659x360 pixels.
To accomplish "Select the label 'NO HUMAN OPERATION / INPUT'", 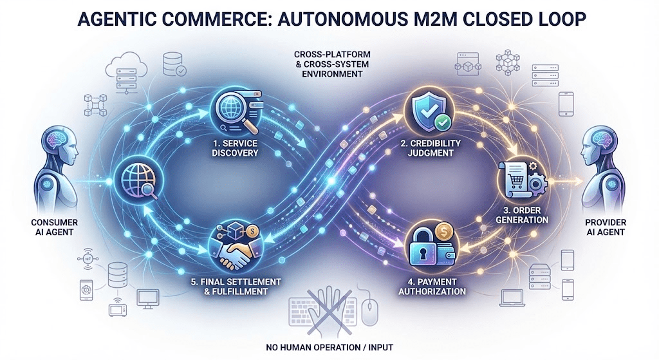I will point(329,348).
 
